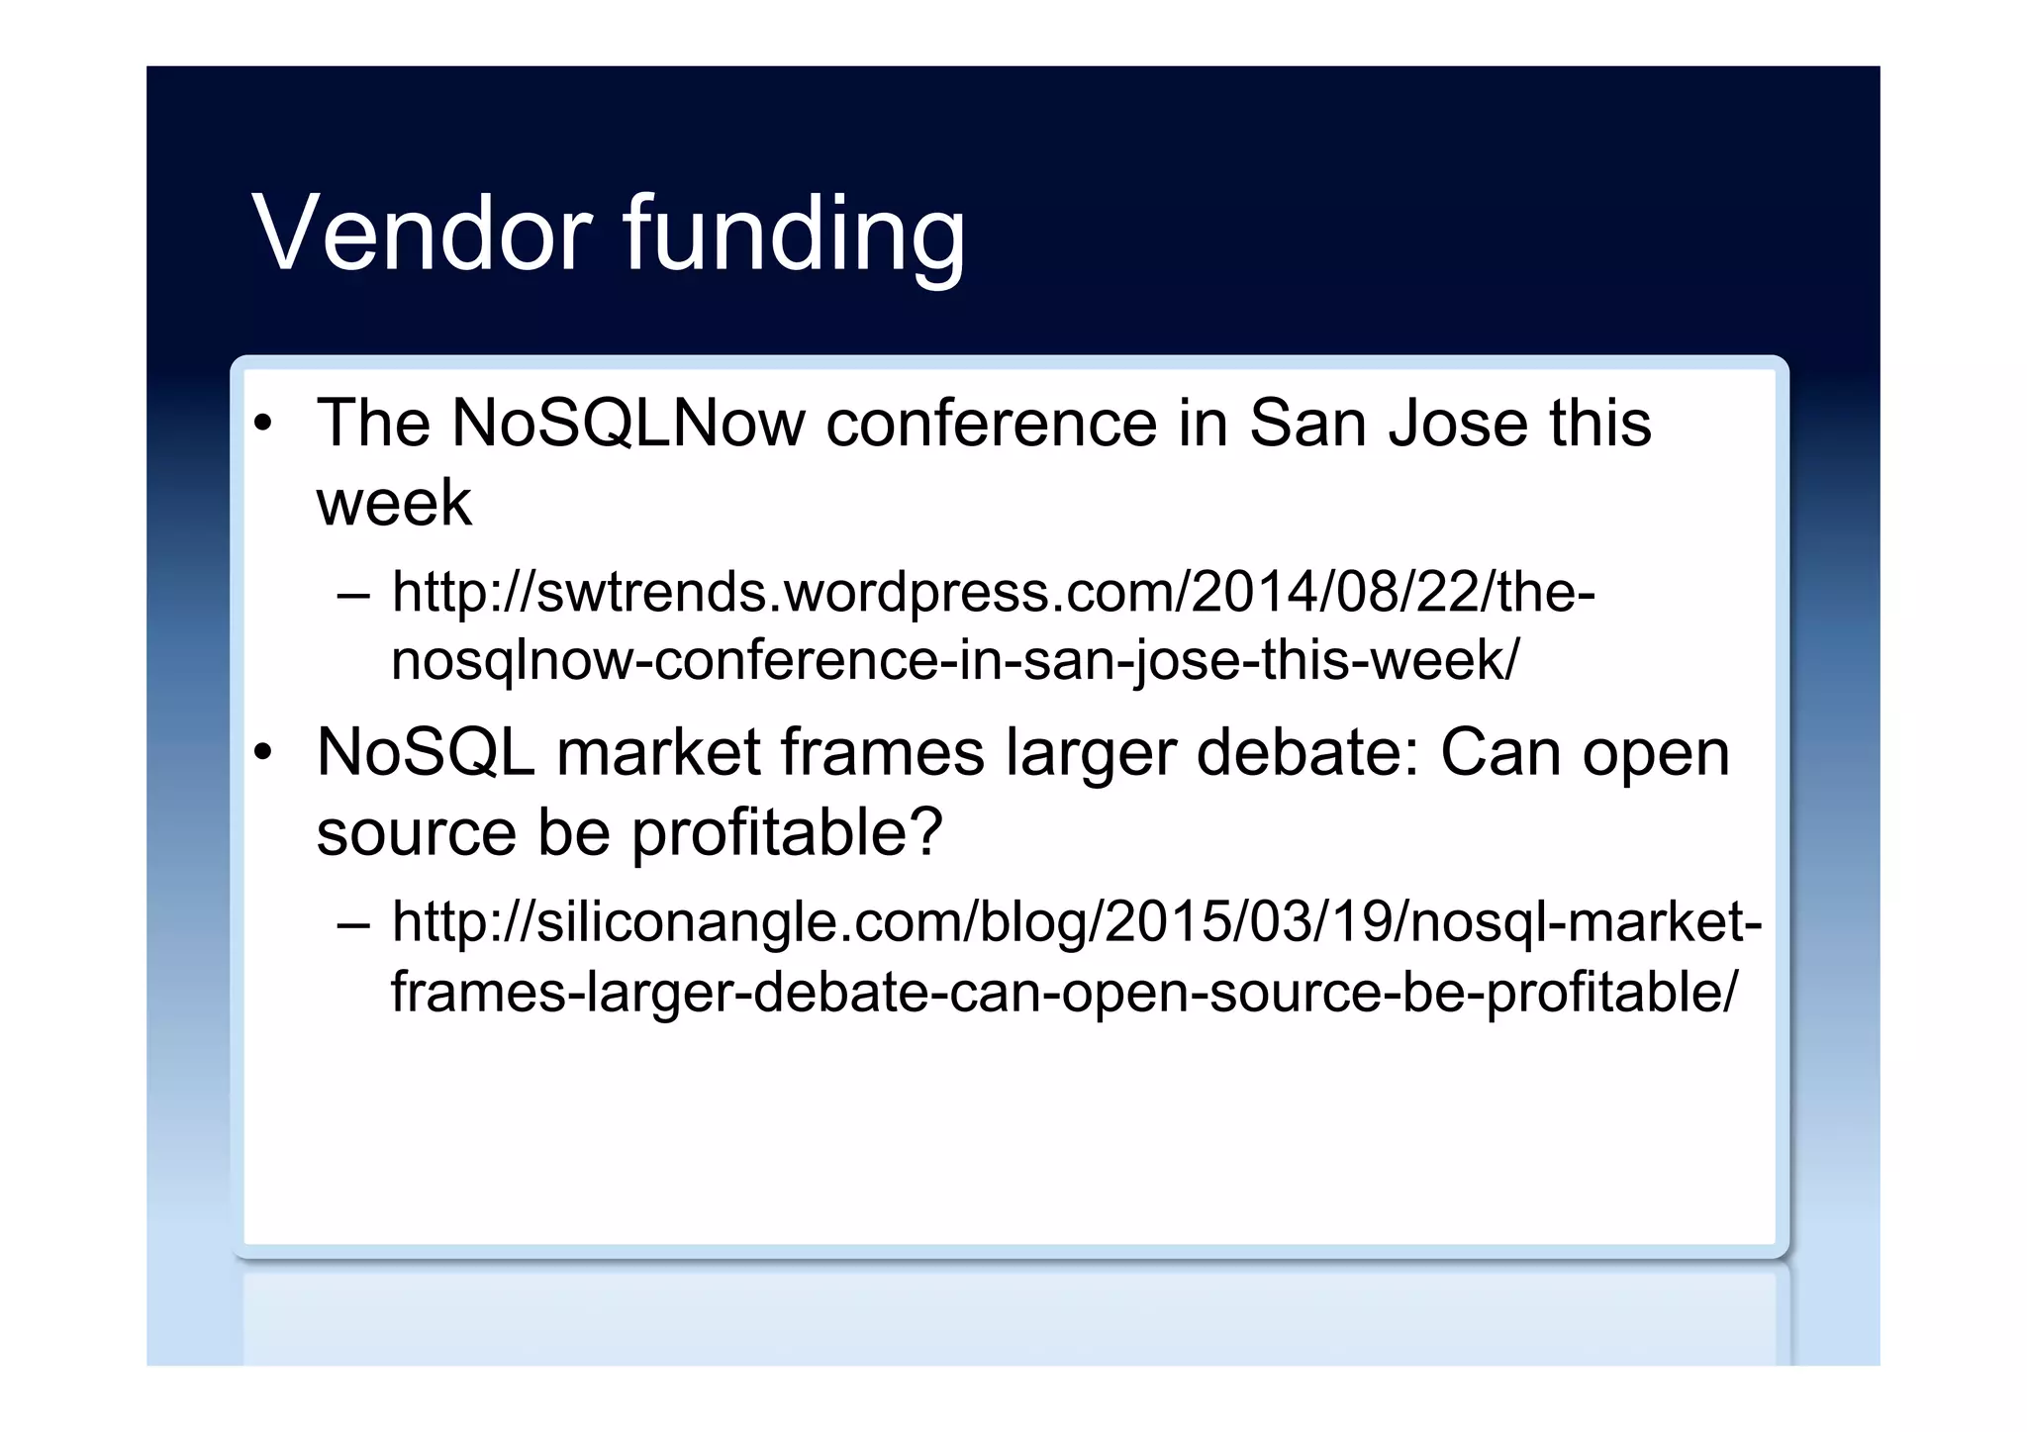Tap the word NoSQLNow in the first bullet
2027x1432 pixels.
click(627, 424)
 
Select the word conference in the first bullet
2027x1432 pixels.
click(991, 424)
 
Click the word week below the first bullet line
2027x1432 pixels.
click(394, 503)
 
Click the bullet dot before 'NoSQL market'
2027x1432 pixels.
click(262, 754)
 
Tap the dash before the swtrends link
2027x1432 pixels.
click(352, 595)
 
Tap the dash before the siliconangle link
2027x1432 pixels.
click(352, 924)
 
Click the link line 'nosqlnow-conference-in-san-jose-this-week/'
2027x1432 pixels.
click(954, 661)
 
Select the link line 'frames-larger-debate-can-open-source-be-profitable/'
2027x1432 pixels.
click(1063, 992)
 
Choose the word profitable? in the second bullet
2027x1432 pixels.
click(787, 833)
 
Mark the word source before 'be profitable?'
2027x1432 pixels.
click(416, 833)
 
